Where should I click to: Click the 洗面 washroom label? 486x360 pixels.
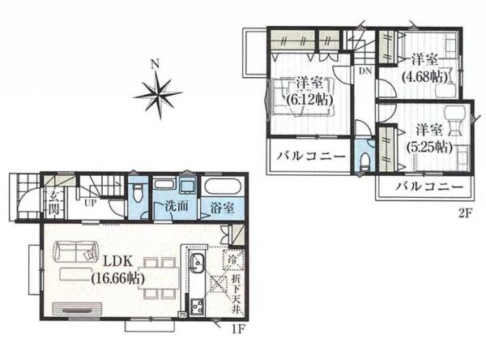click(177, 206)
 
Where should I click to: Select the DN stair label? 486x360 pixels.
click(365, 71)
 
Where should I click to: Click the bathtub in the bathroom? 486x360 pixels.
click(220, 187)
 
